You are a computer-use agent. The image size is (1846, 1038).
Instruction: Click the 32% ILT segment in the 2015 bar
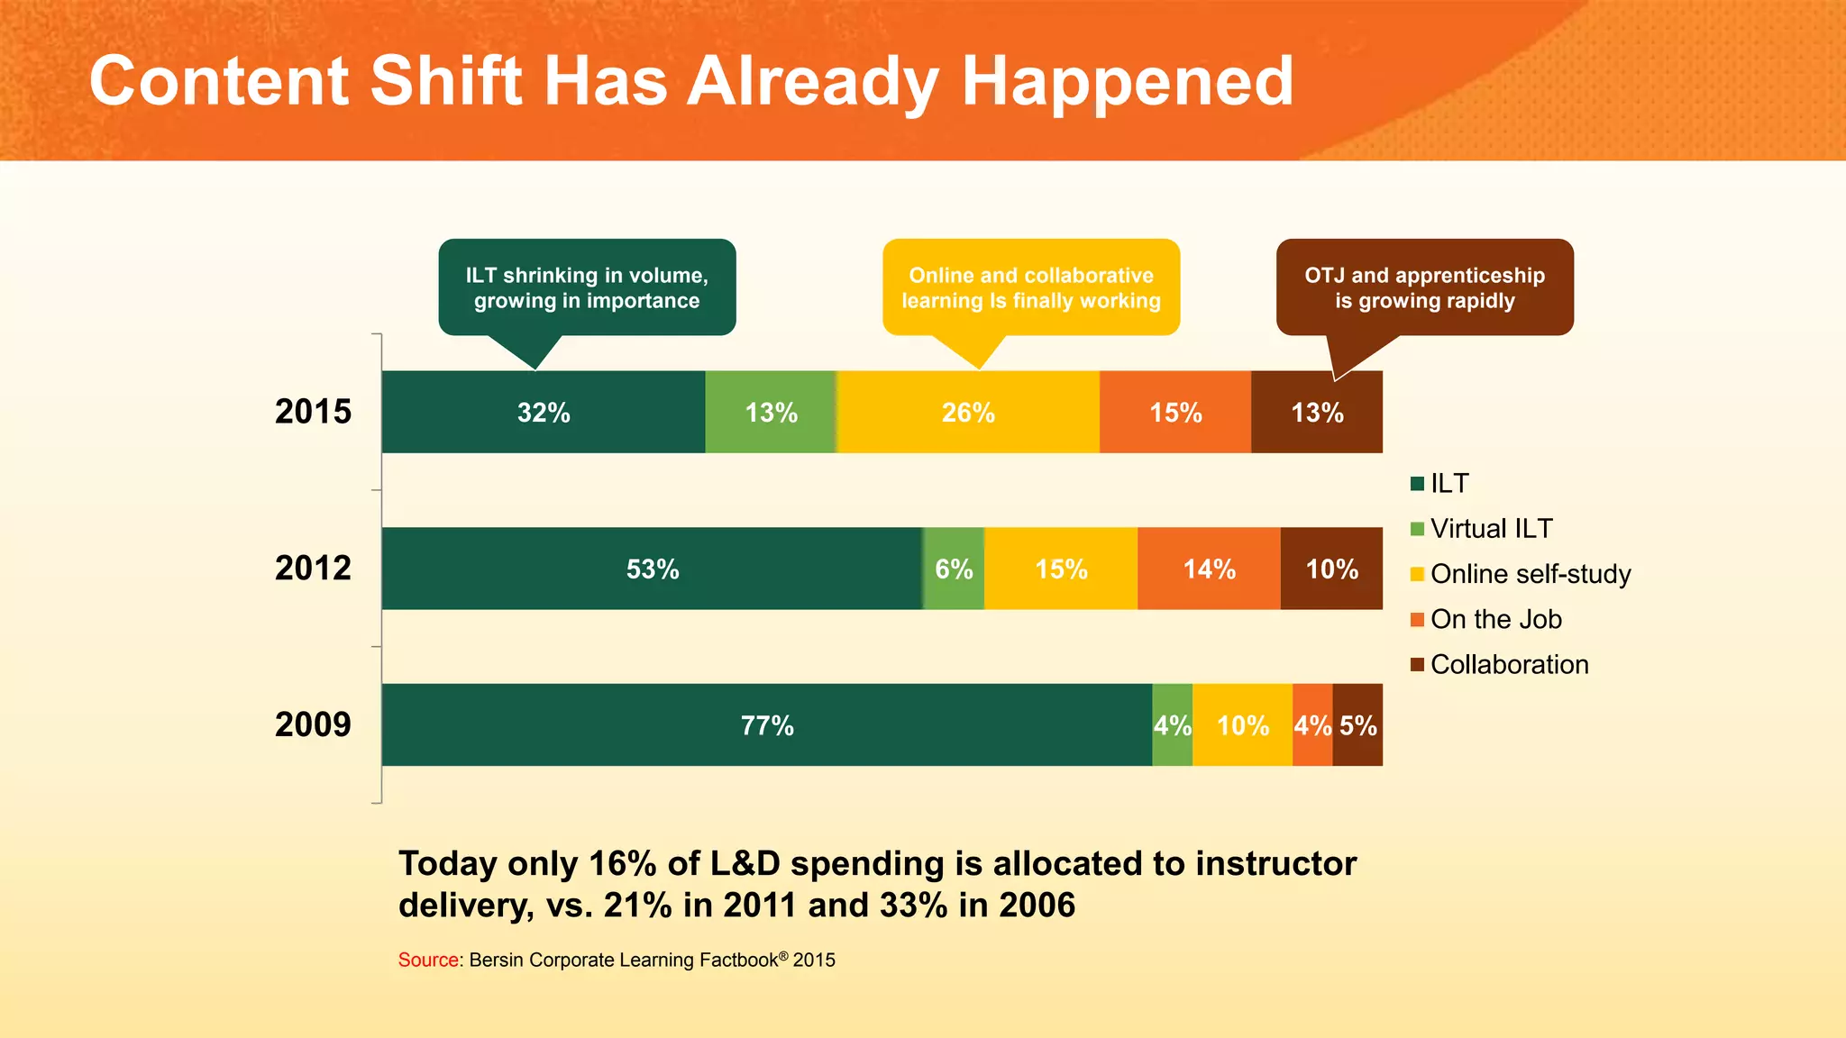(x=543, y=412)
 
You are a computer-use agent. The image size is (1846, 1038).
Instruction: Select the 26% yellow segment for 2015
(x=967, y=412)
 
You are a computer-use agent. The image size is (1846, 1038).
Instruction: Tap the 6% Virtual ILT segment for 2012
(x=954, y=569)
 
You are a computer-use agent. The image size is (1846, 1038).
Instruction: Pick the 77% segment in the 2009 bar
(x=766, y=724)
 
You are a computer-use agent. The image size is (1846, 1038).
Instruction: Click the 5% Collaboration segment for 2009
(x=1358, y=724)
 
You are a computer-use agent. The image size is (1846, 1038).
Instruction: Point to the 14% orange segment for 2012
(x=1209, y=569)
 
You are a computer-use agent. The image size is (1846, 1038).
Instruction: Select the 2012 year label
(x=313, y=569)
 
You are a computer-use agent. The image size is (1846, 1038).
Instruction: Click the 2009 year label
(x=313, y=724)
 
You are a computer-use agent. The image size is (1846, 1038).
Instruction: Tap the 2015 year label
(x=313, y=412)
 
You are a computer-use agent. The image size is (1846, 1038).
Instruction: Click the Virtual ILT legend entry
(x=1490, y=529)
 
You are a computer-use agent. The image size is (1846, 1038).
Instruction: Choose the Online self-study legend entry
(x=1530, y=574)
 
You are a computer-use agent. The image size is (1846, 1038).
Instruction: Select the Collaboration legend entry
(x=1508, y=665)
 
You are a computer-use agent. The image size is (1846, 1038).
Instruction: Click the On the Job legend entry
(x=1494, y=620)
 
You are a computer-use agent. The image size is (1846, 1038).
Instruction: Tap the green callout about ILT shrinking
(x=587, y=287)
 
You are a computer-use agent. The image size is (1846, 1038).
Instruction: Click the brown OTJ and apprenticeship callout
(x=1424, y=287)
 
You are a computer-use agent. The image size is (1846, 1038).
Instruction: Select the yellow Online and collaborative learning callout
(x=1031, y=287)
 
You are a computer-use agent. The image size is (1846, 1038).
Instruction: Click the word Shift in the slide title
(x=445, y=81)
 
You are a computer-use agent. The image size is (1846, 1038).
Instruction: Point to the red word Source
(x=429, y=961)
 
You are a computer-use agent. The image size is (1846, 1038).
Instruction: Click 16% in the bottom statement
(x=622, y=863)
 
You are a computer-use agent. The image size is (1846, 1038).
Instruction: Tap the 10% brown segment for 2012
(x=1331, y=569)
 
